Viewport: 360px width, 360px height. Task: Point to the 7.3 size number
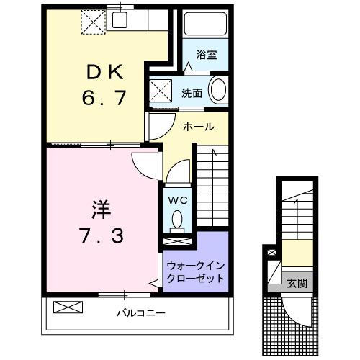coord(101,235)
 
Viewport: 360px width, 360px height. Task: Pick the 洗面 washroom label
coord(192,93)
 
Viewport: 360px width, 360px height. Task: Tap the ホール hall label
coord(199,127)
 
